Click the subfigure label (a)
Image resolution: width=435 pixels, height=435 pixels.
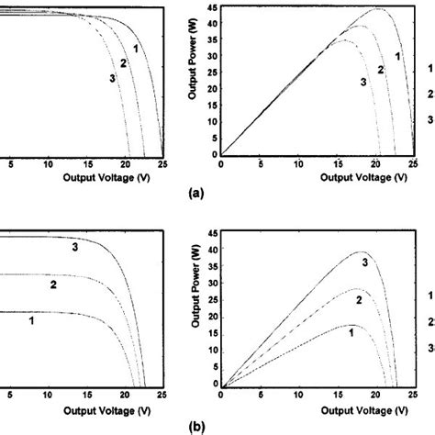[x=193, y=195]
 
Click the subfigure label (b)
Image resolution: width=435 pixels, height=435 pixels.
[x=193, y=426]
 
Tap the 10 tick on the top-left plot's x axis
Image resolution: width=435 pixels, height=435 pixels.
[x=49, y=164]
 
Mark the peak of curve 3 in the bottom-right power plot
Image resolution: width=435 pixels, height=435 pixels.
[x=363, y=252]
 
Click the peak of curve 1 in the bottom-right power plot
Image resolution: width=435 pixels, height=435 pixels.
[x=349, y=324]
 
